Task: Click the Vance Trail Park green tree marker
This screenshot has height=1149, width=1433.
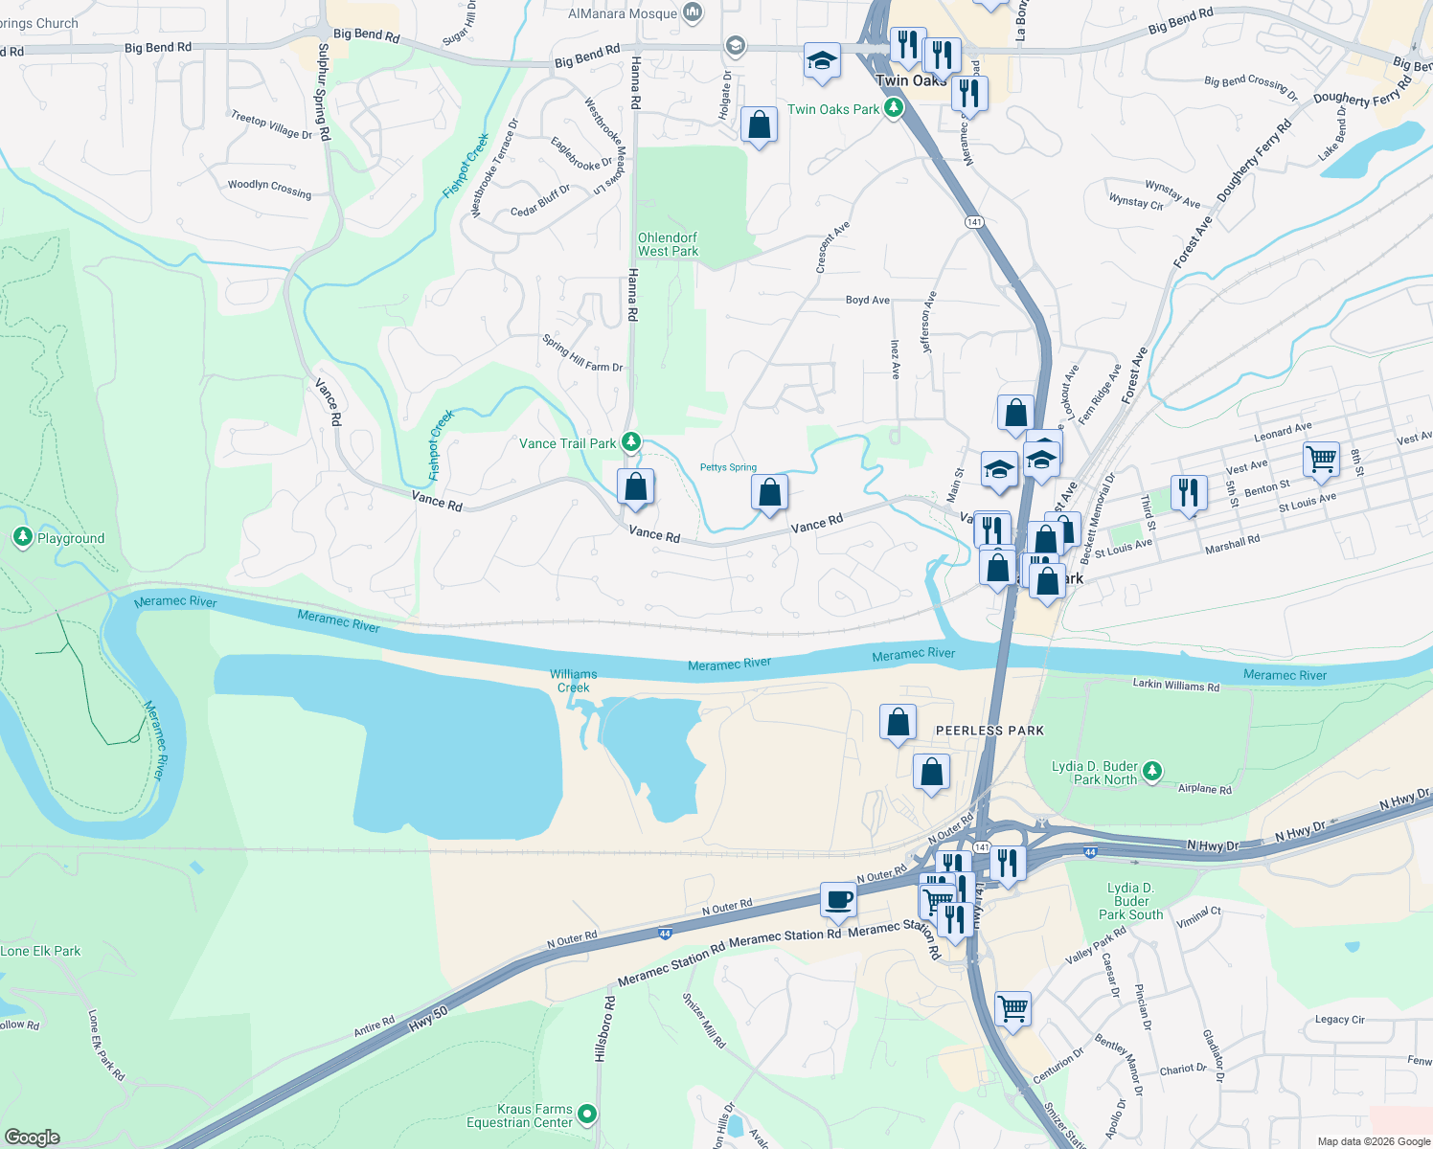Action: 630,442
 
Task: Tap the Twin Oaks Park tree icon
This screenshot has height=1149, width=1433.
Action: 893,108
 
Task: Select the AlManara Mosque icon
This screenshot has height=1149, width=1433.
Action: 694,13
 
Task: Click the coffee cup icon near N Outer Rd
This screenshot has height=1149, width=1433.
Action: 838,900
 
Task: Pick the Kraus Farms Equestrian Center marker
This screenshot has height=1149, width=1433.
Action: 587,1115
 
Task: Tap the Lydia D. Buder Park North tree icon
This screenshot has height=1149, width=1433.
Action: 1152,772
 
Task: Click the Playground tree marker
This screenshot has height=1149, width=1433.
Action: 23,537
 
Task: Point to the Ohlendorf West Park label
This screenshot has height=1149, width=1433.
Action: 668,244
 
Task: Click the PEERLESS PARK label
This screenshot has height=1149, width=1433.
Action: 989,731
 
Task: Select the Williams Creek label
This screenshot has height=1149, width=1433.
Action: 573,681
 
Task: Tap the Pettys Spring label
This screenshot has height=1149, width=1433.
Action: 728,467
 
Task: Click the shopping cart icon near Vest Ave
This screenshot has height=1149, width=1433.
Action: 1321,459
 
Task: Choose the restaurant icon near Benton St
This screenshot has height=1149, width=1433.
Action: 1188,492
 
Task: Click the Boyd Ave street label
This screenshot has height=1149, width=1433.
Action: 868,300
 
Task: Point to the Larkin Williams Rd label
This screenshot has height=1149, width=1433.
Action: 1175,686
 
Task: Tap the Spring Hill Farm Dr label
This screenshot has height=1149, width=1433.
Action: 581,354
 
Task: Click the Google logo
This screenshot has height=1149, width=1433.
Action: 33,1137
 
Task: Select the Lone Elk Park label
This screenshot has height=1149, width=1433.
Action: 40,951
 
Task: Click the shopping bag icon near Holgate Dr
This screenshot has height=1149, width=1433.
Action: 759,124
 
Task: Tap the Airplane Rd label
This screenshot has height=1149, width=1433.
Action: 1204,789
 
